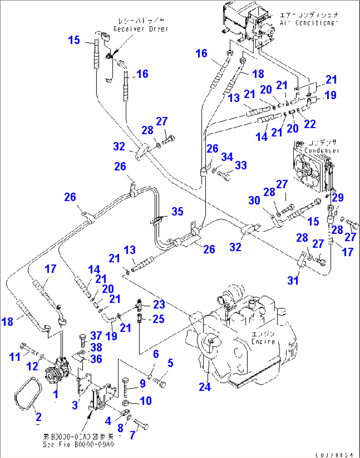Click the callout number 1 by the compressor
tap(56, 394)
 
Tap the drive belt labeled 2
tap(28, 393)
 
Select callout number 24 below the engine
tap(205, 387)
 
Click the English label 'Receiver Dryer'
tap(141, 29)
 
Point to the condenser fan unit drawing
tap(310, 169)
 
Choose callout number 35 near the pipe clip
tap(177, 211)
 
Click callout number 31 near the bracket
tap(293, 280)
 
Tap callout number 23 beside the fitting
tap(159, 304)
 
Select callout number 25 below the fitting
tap(159, 319)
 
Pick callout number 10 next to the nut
tap(146, 401)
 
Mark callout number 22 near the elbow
tap(310, 124)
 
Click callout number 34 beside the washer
tap(227, 157)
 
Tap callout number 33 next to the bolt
tap(241, 165)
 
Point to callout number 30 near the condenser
tap(254, 200)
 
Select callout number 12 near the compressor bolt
tap(32, 366)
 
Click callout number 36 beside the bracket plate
tap(96, 359)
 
